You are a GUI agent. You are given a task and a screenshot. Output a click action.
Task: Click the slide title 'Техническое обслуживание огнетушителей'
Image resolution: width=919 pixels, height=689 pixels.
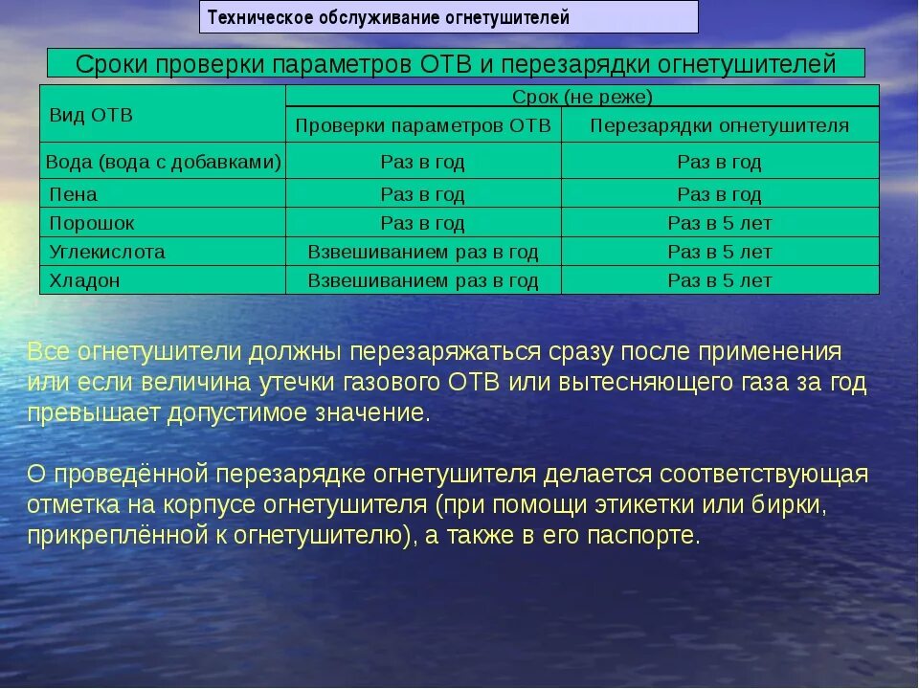coord(388,17)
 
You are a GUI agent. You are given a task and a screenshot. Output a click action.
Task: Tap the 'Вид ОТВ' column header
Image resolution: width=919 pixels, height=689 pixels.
coord(91,115)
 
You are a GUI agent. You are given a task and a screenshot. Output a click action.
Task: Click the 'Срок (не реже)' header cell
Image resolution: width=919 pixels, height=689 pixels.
coord(582,96)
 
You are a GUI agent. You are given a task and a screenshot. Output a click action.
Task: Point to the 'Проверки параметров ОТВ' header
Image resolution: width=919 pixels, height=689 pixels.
coord(423,125)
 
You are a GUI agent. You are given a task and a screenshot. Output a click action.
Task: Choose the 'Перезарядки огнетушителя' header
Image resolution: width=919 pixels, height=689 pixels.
coord(719,125)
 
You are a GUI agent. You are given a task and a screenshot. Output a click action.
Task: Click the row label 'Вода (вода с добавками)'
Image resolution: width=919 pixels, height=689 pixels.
coord(163,162)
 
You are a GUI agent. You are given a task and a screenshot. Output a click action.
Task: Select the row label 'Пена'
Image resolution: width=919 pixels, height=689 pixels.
coord(73,194)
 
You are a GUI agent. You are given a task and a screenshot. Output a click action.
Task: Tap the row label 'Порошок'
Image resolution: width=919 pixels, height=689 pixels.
coord(92,223)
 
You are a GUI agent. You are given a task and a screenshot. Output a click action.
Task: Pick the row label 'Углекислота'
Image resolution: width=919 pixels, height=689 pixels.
coord(107,252)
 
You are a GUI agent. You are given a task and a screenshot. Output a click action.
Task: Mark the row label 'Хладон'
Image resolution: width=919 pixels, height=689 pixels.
coord(84,280)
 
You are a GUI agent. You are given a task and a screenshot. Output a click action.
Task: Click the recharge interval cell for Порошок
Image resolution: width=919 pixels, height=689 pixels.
coord(719,223)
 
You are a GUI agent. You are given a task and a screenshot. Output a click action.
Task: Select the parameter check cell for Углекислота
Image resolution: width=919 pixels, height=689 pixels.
coord(423,252)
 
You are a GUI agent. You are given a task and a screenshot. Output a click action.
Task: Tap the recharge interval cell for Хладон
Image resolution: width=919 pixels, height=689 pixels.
coord(719,280)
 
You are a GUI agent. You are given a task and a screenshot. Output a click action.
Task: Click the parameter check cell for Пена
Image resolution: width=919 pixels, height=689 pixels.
coord(423,194)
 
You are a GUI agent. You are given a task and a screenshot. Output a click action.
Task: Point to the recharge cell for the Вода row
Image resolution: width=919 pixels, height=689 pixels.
coord(719,162)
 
